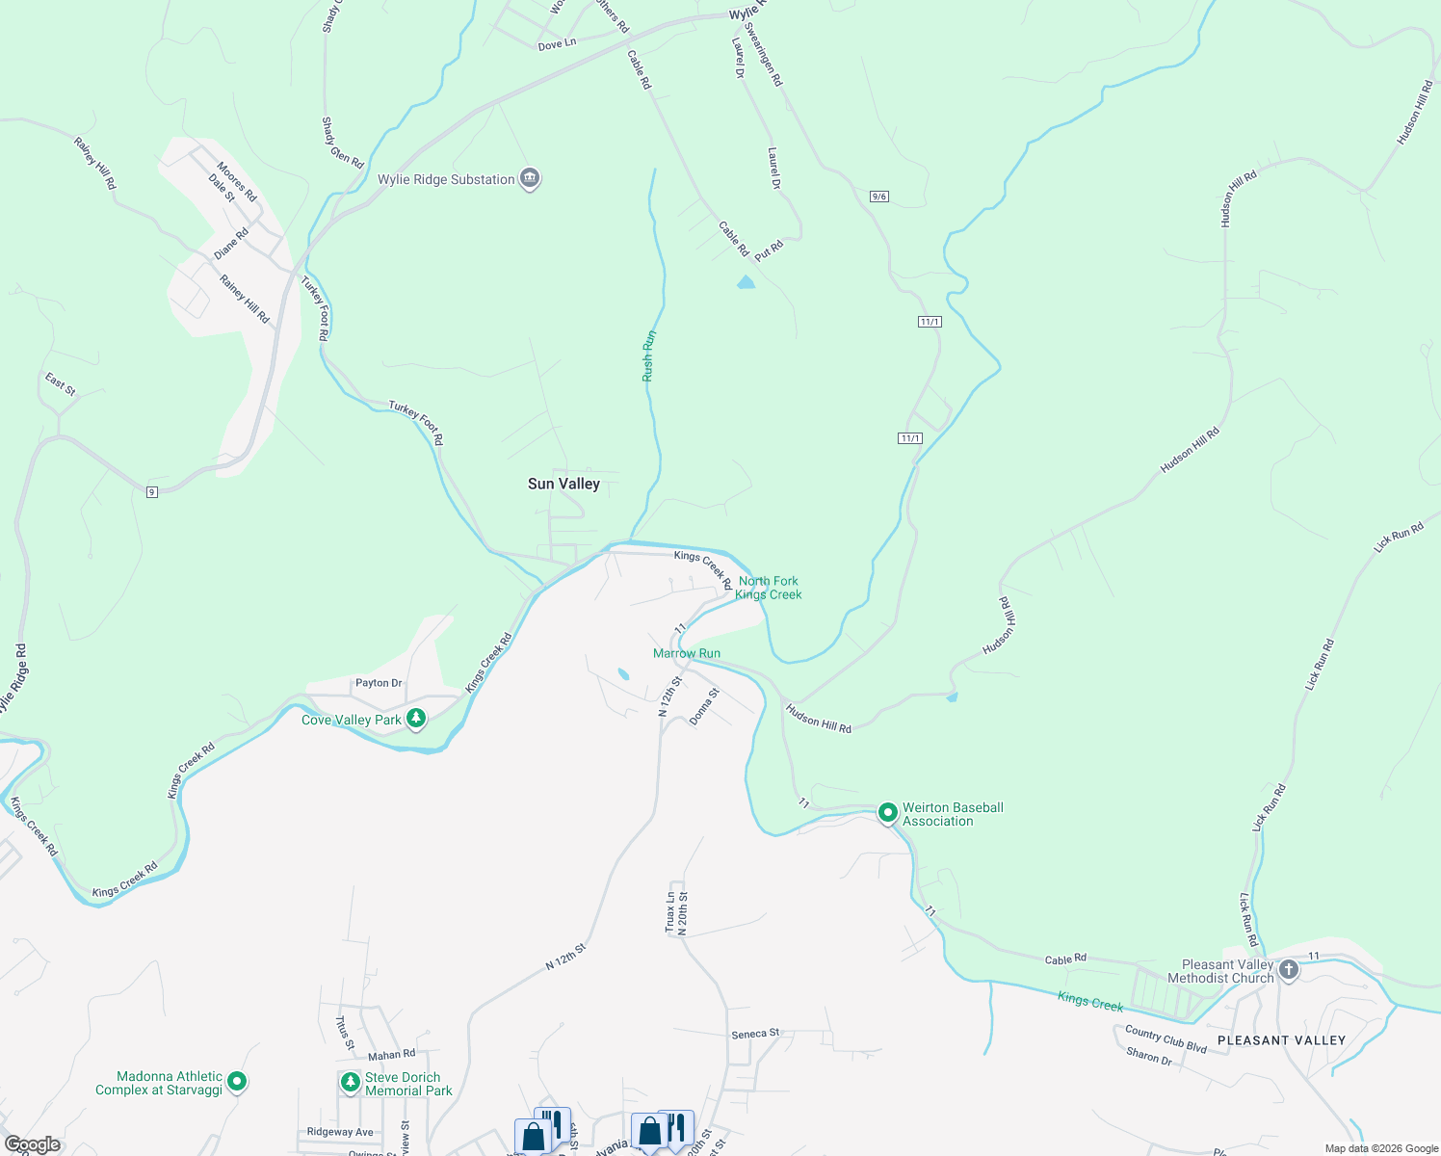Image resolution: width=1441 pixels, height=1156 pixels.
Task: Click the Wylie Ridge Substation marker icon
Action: [530, 178]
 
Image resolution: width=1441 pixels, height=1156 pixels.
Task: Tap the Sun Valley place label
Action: [563, 484]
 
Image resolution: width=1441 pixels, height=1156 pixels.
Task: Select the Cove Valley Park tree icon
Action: [416, 719]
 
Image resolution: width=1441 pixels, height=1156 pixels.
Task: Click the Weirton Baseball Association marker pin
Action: [887, 813]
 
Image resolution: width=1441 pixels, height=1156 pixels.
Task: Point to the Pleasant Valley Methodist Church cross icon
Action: [1289, 970]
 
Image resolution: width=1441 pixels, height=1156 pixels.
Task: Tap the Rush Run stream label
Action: [649, 355]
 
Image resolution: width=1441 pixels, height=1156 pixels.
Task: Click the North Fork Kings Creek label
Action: [769, 588]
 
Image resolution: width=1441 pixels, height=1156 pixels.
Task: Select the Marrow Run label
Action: [687, 653]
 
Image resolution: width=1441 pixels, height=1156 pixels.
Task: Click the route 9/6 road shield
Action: [878, 197]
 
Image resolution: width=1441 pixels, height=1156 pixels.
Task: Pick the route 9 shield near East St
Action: [152, 492]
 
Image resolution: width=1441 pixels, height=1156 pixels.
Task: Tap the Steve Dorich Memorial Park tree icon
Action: [351, 1083]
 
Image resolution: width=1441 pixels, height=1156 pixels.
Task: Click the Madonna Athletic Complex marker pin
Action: [237, 1082]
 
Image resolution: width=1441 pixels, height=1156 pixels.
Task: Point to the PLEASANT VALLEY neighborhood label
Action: [1281, 1040]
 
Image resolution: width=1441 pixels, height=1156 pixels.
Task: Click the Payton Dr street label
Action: [379, 683]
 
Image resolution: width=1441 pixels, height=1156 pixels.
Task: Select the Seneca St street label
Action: [755, 1034]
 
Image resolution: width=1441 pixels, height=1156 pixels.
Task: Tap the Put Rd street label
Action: [769, 250]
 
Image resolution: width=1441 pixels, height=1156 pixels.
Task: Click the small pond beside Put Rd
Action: [746, 282]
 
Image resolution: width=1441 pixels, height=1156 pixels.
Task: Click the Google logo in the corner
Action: [32, 1143]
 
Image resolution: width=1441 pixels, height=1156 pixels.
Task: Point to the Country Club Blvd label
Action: [1166, 1039]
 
